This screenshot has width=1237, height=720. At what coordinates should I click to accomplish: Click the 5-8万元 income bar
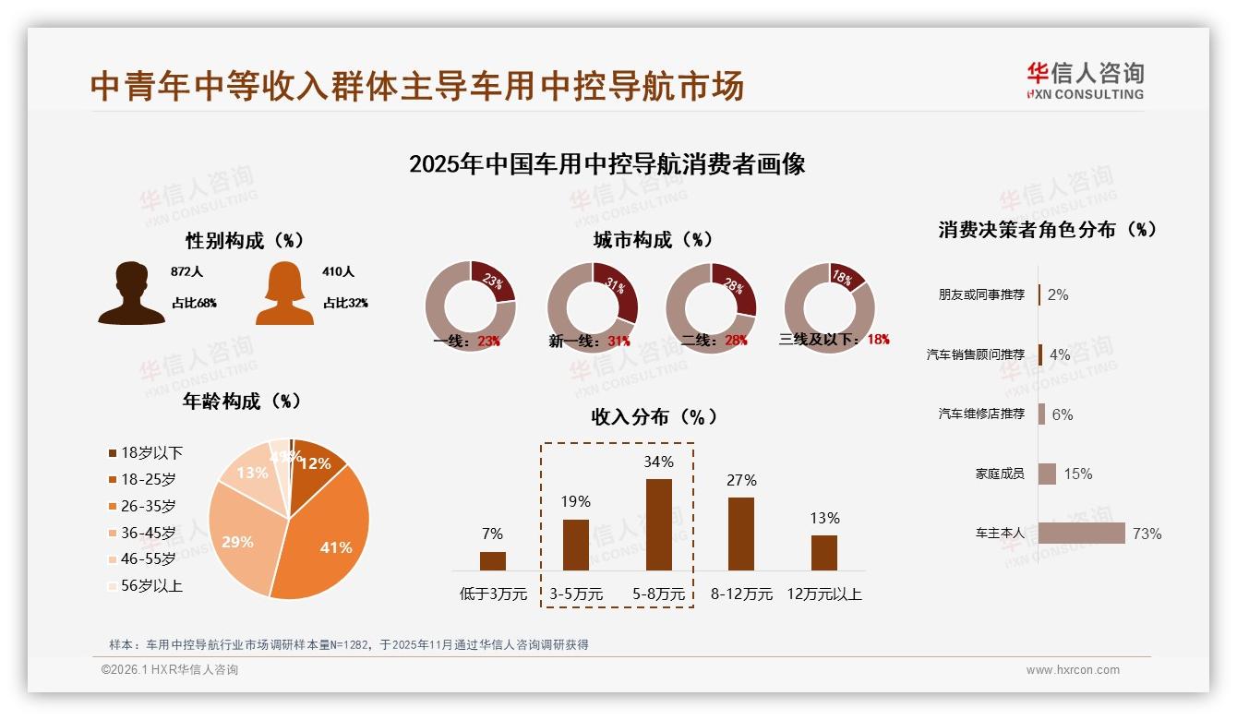coord(658,524)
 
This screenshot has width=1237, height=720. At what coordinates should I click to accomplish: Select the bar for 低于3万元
coord(493,560)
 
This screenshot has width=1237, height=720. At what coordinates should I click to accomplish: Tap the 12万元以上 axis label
coord(823,594)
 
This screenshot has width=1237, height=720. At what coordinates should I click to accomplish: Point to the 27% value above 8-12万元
coord(741,480)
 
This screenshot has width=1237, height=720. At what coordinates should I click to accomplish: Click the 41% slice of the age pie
coord(328,540)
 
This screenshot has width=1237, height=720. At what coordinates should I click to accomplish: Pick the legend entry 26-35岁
coord(148,506)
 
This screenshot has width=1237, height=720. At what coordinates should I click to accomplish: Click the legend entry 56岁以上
coord(150,585)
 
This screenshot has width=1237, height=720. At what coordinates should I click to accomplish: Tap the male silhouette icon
coord(131,293)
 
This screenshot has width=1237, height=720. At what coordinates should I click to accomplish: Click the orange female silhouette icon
coord(284,293)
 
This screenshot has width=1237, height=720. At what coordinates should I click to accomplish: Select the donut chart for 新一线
coord(592,306)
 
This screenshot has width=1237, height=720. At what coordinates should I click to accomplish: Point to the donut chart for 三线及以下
coord(829,306)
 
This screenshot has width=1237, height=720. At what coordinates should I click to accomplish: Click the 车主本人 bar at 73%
coord(1082,534)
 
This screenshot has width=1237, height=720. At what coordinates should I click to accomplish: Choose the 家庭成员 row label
coord(1000,474)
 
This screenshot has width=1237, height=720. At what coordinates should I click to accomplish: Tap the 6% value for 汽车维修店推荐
coord(1063,414)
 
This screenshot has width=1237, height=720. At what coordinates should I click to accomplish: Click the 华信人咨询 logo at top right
coord(1085,80)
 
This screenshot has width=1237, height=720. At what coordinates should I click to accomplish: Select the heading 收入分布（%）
coord(654,416)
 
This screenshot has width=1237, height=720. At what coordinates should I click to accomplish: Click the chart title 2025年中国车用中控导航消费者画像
coord(606,164)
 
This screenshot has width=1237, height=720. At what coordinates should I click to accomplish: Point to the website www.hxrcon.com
coord(1073,670)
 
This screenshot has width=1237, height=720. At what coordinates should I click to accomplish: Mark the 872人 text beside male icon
coord(186,272)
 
